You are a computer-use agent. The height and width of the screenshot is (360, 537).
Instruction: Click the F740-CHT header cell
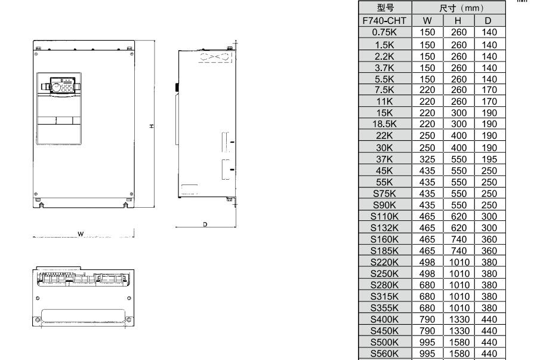(385, 20)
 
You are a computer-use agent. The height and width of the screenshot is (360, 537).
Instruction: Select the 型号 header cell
(385, 8)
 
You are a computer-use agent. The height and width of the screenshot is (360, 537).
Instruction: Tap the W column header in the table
(427, 20)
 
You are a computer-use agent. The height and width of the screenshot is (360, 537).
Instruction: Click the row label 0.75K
(385, 32)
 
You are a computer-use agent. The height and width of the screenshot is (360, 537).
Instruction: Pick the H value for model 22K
(459, 136)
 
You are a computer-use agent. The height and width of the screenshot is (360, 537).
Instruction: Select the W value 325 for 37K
(427, 159)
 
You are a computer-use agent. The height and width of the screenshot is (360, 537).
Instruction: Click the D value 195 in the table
(489, 159)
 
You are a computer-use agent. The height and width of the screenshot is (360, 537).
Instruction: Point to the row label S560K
(385, 353)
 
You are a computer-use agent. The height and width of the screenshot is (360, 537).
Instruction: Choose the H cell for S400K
(459, 319)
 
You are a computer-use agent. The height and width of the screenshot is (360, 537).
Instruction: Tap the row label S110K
(385, 217)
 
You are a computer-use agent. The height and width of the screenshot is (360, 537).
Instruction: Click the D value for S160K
(489, 239)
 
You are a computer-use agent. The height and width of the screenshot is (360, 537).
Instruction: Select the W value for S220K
(427, 262)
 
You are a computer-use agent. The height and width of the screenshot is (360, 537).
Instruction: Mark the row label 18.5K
(385, 124)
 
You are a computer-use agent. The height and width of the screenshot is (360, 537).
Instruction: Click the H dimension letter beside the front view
(152, 127)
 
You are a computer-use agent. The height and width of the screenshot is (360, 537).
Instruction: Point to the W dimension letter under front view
(81, 234)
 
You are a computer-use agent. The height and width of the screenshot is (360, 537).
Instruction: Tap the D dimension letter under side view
(205, 224)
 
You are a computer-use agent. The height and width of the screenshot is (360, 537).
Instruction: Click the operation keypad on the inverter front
(63, 85)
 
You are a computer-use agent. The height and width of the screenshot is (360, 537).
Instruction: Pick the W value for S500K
(427, 342)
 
